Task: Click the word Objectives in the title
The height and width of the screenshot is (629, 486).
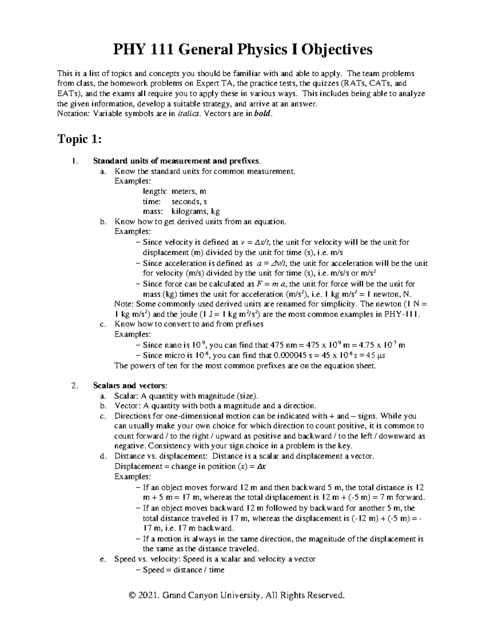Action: pos(337,50)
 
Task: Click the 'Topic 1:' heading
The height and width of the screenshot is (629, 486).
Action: pos(79,139)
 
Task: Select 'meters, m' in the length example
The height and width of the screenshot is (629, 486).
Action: pos(189,191)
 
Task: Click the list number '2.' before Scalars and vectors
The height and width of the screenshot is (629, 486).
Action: pos(73,385)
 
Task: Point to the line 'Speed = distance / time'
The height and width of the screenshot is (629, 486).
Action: pos(183,570)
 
